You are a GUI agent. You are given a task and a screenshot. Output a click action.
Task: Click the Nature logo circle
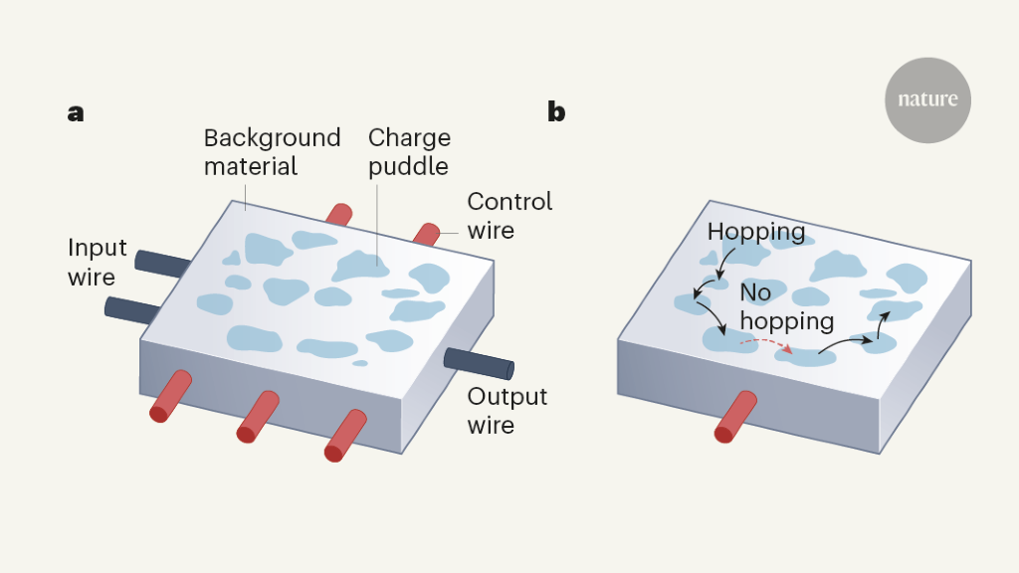927,100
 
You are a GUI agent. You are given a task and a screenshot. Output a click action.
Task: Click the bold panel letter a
76,112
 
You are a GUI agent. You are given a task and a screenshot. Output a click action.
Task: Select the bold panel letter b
556,112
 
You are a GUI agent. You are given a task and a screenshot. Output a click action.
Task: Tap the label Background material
272,151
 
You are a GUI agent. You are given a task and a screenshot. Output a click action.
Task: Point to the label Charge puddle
409,151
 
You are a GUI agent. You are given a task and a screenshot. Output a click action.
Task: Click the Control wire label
509,216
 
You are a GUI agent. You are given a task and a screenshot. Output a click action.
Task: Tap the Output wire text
507,410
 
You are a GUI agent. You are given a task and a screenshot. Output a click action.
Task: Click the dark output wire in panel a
478,363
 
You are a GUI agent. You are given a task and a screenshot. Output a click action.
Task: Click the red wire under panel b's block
737,417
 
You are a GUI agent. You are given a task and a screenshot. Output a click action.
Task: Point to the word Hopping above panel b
756,233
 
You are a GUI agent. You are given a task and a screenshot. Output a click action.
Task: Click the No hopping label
786,307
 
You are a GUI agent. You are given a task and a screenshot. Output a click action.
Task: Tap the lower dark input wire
129,309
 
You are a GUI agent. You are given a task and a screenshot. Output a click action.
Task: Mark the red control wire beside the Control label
426,234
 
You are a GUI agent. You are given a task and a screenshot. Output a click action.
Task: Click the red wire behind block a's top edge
339,213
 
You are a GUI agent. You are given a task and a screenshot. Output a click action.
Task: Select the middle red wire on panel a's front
258,417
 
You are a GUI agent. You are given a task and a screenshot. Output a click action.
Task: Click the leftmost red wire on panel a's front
170,396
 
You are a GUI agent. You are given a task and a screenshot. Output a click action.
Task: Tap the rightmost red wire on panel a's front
346,436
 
